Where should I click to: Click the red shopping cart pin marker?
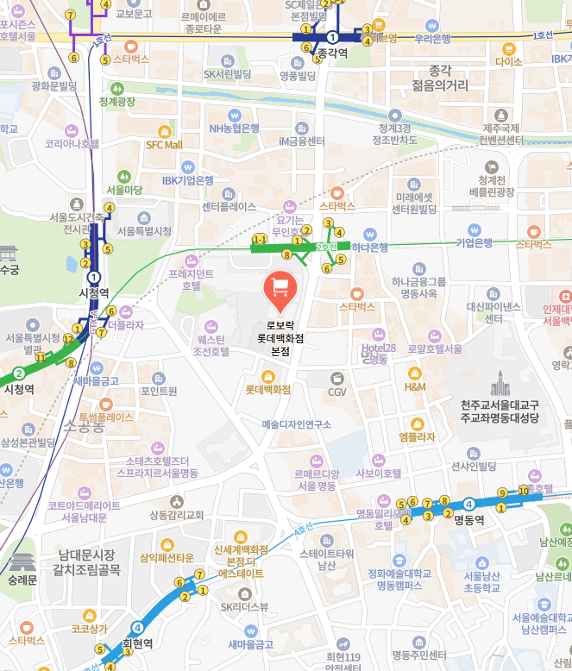(x=280, y=287)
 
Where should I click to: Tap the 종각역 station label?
(x=332, y=53)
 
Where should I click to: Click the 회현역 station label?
(x=137, y=643)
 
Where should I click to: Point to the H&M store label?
(x=415, y=387)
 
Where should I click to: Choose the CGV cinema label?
(x=336, y=392)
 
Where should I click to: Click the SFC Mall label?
(x=164, y=145)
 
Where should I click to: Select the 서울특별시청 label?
(x=144, y=231)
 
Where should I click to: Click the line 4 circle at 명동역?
(x=469, y=504)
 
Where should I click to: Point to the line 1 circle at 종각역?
(x=332, y=37)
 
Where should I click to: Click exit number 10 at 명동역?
(x=523, y=491)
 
